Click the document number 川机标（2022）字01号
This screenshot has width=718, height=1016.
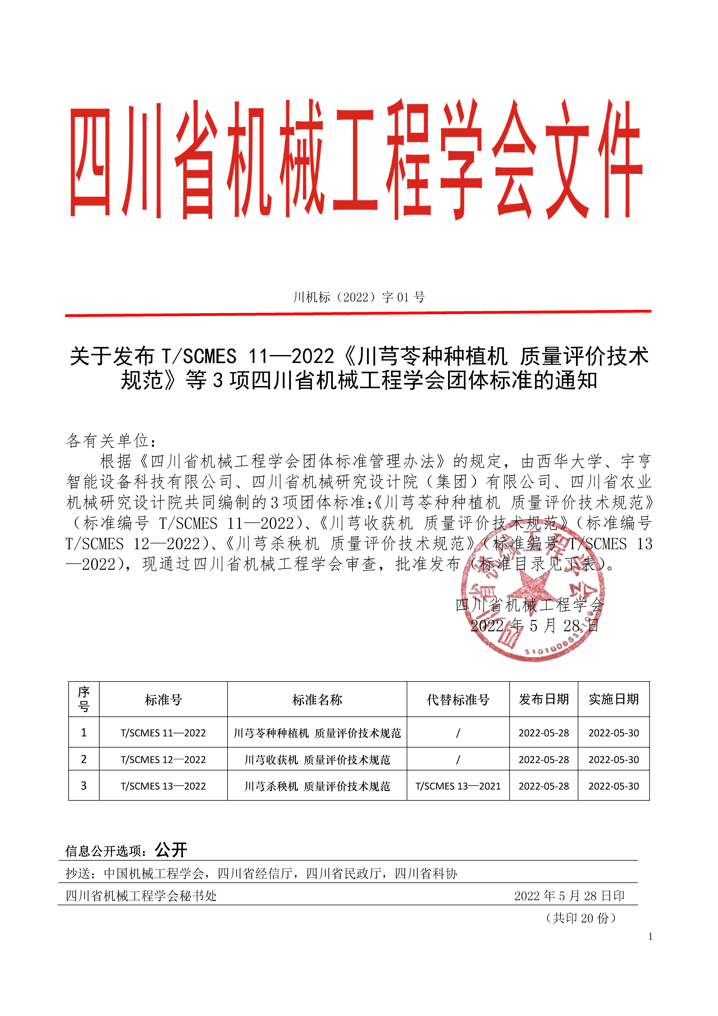[359, 297]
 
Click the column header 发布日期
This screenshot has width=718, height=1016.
[544, 699]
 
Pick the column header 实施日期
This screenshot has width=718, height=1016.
[614, 699]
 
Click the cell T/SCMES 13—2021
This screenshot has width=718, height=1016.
[458, 786]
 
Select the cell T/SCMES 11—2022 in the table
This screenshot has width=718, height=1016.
[163, 733]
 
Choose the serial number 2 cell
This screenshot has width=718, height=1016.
[84, 759]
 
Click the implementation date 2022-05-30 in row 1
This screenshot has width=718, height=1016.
[614, 733]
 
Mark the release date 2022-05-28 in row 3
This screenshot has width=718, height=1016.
[544, 786]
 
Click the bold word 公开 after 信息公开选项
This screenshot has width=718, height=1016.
[171, 850]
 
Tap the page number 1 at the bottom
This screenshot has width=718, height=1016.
[650, 936]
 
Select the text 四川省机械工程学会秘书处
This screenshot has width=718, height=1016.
[141, 896]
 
